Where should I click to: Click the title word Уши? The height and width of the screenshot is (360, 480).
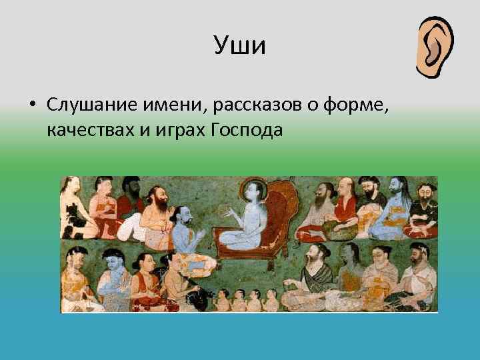pyautogui.click(x=240, y=46)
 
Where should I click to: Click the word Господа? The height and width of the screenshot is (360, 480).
pyautogui.click(x=247, y=129)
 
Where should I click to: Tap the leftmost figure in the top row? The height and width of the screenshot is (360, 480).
pyautogui.click(x=73, y=207)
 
